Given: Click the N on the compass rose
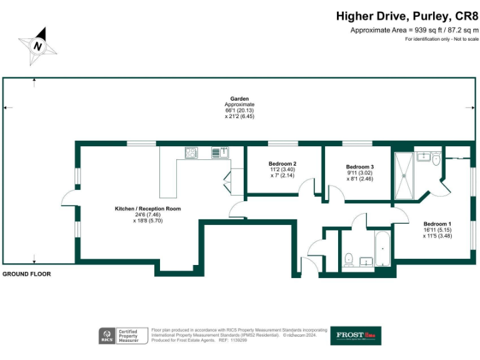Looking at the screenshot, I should coord(38,46).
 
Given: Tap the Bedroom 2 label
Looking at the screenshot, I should coord(282,164).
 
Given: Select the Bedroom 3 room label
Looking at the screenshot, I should coord(360,167).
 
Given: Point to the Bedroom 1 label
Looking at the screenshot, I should coord(437,224).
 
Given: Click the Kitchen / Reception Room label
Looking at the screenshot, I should coord(147,208).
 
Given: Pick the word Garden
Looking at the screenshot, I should coord(239,99).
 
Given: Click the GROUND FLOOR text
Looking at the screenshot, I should coord(27,274).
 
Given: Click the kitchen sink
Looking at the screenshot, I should coord(219,151).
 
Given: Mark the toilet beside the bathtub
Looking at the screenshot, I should coord(349,257).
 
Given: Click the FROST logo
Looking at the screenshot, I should coord(355,335).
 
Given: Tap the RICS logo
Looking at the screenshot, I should coord(106,336).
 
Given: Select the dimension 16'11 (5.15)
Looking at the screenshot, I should coord(437,230).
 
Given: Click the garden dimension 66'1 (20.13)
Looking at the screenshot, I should coord(239,111).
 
